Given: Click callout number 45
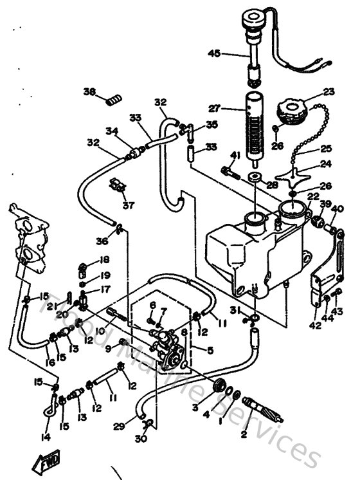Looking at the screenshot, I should click(x=213, y=54).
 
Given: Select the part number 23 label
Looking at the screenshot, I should click(x=328, y=91).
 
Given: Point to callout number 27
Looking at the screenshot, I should click(x=213, y=108).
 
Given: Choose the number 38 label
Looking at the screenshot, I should click(x=89, y=91).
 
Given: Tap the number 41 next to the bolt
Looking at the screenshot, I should click(x=235, y=155).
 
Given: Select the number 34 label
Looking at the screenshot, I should click(x=113, y=131).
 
